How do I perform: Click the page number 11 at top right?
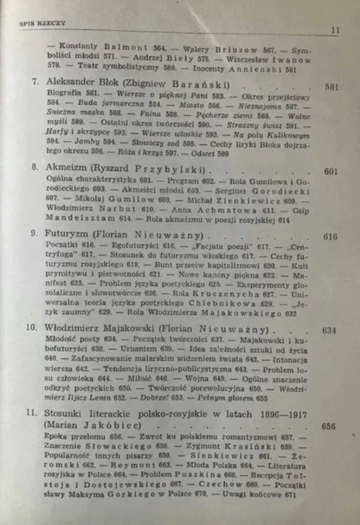click(335, 30)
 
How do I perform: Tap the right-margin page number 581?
click(331, 86)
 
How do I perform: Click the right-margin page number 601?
click(331, 173)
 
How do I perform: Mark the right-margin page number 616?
click(331, 236)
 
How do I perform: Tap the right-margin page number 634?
click(329, 331)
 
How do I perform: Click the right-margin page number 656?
click(329, 427)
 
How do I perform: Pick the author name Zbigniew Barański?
click(180, 84)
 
